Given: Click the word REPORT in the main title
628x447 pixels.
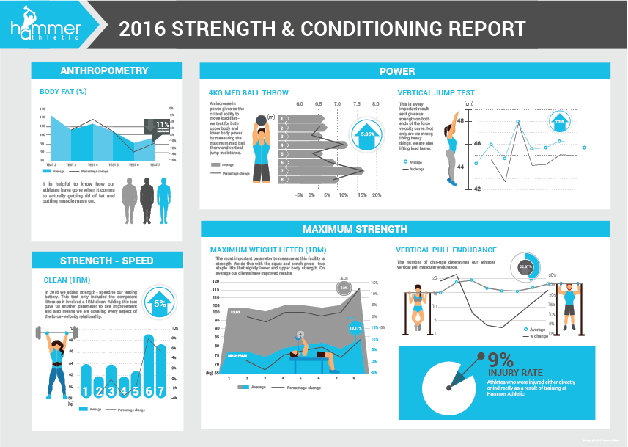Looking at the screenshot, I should [479, 29].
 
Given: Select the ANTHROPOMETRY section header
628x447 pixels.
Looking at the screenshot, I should [106, 71].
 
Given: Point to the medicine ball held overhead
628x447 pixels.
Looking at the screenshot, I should [262, 122].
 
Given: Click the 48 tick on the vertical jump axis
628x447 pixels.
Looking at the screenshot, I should [459, 120].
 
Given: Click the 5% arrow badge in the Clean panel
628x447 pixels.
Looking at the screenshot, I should [159, 302].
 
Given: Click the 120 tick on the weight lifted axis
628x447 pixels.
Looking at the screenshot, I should [215, 282].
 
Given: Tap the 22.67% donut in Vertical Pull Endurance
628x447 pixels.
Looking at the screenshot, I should [525, 267].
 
